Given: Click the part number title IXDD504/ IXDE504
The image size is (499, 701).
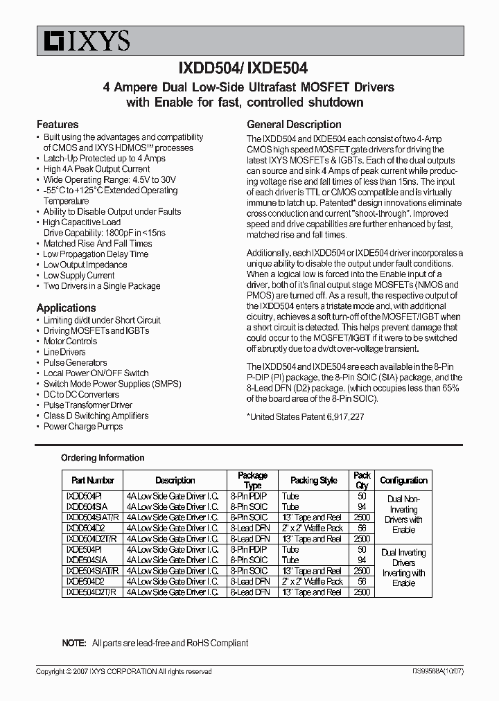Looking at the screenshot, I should coord(249,69).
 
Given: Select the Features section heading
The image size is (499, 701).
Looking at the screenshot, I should coord(57,125).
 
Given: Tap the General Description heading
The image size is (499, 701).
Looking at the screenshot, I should coord(294,125).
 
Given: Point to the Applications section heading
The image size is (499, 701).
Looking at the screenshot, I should coord(66,308).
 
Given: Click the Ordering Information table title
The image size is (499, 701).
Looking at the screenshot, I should coord(103,458).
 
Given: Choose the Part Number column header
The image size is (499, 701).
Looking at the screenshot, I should coord(93,480).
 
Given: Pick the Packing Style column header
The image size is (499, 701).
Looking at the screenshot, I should coord(314,480).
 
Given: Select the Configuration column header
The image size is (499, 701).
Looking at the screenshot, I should coord(403,480).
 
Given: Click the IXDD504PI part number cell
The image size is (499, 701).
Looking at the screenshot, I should coord(84,497).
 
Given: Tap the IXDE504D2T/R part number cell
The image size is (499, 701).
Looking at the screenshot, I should coord(92,592).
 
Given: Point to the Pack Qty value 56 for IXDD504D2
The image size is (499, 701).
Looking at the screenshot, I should coord(362,529).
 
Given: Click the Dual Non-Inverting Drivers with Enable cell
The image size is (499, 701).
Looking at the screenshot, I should coord(403,514).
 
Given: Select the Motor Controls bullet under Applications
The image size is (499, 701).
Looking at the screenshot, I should coord(70,341).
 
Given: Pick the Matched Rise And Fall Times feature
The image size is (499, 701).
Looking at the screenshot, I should coord(98,244).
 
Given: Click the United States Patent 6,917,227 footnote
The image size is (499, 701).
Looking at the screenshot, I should coord(306,417).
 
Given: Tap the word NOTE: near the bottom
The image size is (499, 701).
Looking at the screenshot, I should coord(74,643).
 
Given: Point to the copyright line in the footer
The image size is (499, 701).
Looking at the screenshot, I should coord(123,672).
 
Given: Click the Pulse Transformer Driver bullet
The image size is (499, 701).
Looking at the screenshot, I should coord(87,405).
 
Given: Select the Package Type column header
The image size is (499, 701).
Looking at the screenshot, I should coord(252,480).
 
